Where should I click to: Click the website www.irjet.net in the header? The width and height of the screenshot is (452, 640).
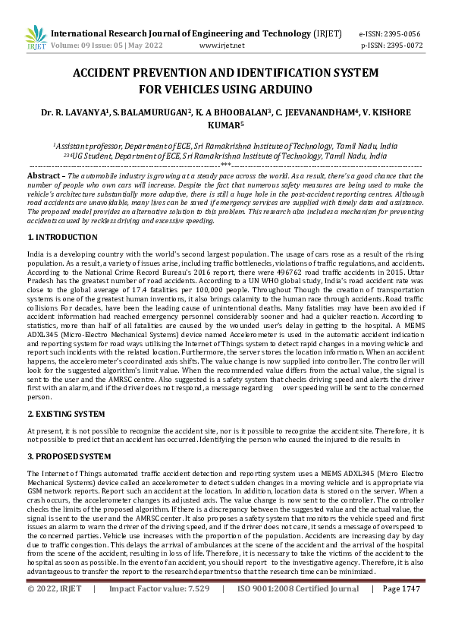(221, 46)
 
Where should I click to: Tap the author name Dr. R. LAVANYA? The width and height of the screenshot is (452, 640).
(74, 112)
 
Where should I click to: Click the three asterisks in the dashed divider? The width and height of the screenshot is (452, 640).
(226, 163)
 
